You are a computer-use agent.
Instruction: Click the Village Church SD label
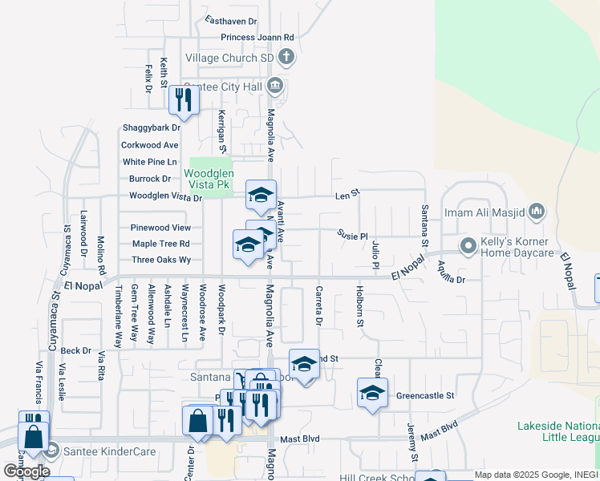point(229,59)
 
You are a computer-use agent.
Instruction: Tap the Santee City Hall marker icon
point(275,84)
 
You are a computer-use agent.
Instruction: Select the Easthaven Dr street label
point(230,21)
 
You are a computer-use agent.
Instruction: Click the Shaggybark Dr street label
point(152,127)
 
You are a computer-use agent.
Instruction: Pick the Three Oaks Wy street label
point(161,260)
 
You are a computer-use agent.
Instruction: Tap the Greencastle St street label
point(425,395)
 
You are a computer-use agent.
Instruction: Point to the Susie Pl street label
point(352,236)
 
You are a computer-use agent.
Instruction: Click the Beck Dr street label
point(75,350)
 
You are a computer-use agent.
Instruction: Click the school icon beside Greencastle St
point(371,393)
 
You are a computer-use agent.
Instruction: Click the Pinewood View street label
point(161,228)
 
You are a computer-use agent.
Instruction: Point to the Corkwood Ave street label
point(149,145)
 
